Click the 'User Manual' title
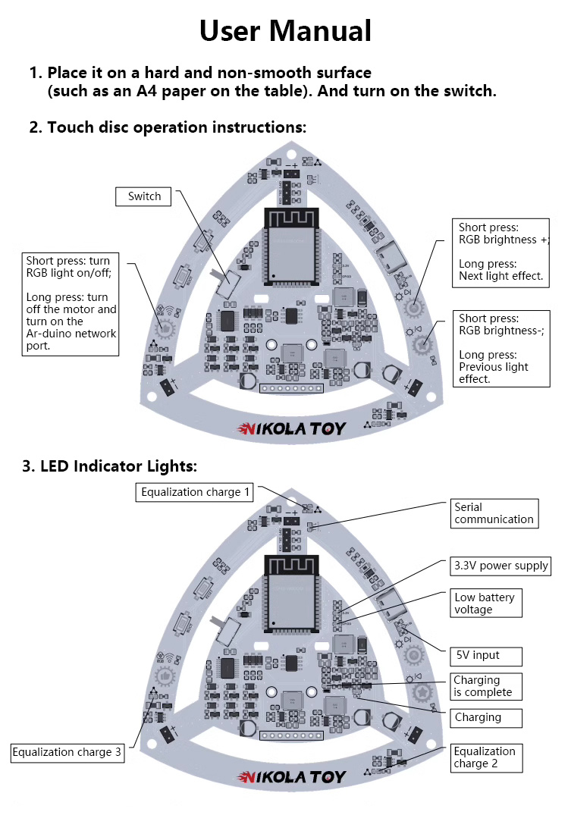(285, 31)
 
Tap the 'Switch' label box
(144, 196)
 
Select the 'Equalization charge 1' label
(196, 492)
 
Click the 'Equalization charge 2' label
(485, 757)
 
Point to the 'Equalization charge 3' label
(67, 752)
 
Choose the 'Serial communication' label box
(494, 513)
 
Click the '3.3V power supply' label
(500, 566)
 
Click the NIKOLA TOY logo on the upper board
(292, 429)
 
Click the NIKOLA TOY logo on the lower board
(292, 777)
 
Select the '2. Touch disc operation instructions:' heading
(168, 127)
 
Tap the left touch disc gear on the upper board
(164, 328)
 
